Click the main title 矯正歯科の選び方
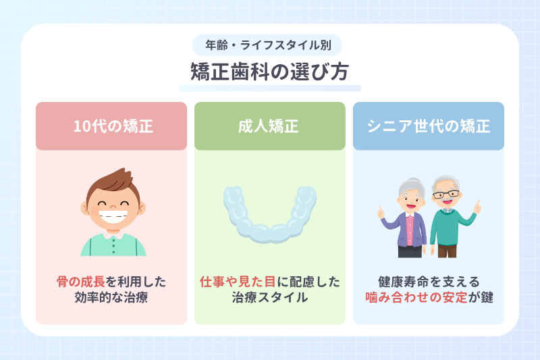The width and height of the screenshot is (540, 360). point(269,72)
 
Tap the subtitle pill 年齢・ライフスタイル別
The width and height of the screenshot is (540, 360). point(269,45)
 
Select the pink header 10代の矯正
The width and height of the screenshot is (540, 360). point(111,126)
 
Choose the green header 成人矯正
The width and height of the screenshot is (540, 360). point(269,126)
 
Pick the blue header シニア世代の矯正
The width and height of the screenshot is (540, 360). point(428,126)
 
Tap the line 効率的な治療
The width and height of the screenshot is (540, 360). point(111,297)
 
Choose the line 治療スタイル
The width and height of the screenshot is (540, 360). point(269,297)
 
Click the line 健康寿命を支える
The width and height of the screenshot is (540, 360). point(428,281)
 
